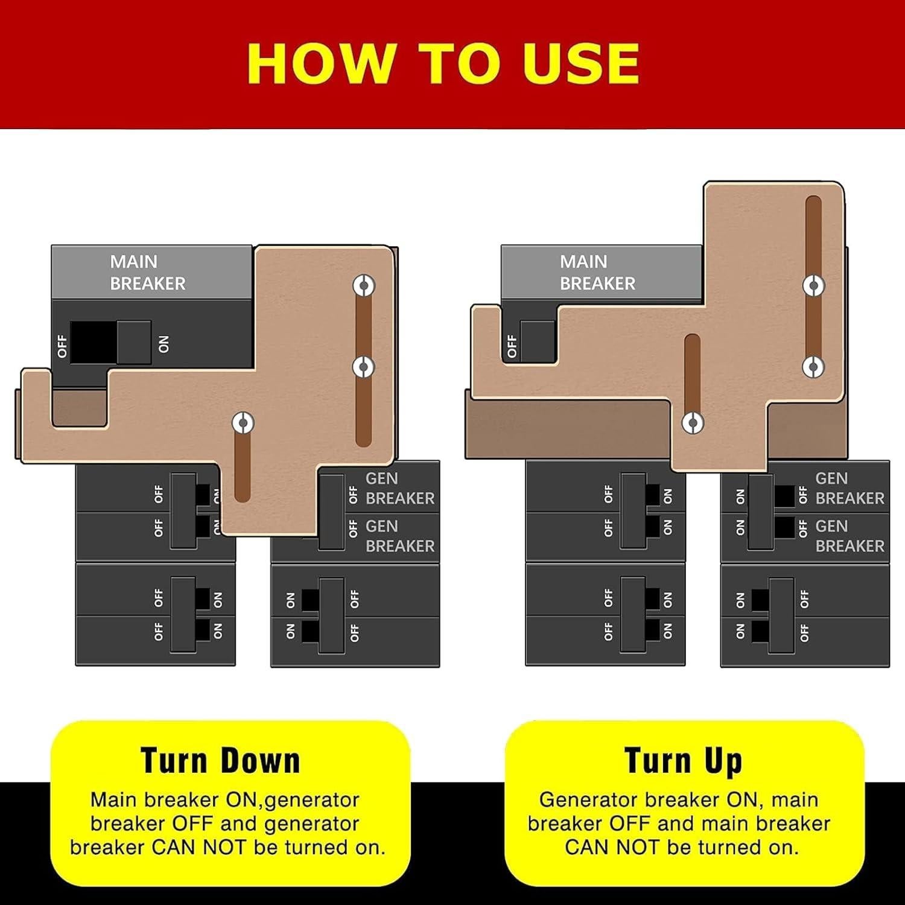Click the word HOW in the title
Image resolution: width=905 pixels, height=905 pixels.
pyautogui.click(x=320, y=63)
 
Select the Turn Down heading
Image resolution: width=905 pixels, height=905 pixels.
pyautogui.click(x=220, y=760)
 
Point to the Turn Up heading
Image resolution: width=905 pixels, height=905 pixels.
pyautogui.click(x=683, y=760)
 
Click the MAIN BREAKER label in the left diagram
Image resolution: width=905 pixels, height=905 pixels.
pyautogui.click(x=147, y=273)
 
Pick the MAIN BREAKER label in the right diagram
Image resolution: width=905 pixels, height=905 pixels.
pyautogui.click(x=597, y=273)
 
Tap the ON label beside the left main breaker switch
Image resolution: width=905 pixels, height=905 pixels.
pyautogui.click(x=164, y=344)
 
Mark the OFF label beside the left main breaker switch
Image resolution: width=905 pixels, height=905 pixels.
pyautogui.click(x=62, y=346)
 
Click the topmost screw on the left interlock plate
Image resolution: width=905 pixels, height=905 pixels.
pyautogui.click(x=364, y=285)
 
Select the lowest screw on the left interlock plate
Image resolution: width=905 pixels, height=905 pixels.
pyautogui.click(x=243, y=423)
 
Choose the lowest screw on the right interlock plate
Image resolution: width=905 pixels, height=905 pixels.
pyautogui.click(x=693, y=423)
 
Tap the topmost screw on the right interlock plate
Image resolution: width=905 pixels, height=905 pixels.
pyautogui.click(x=813, y=285)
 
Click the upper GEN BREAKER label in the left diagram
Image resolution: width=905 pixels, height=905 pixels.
pyautogui.click(x=399, y=488)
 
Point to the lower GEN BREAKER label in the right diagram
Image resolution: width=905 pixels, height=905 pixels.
pyautogui.click(x=849, y=536)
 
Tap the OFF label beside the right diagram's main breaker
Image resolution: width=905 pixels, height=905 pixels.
pyautogui.click(x=512, y=346)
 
